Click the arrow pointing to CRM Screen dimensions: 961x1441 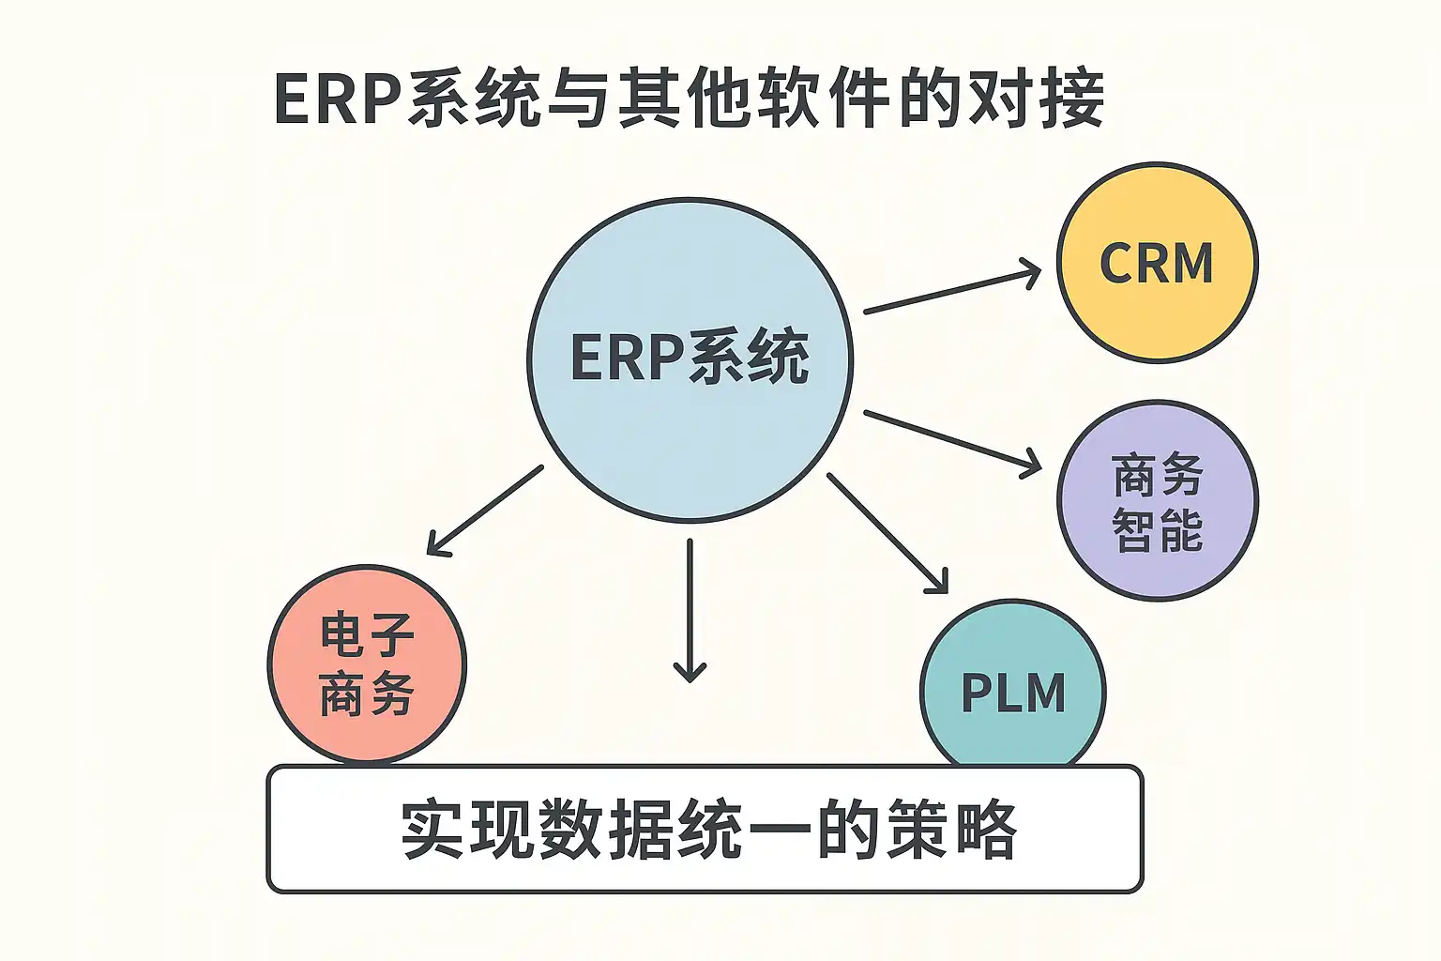tap(951, 291)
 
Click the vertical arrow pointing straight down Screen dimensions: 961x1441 tap(690, 610)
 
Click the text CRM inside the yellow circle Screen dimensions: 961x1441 tap(1157, 264)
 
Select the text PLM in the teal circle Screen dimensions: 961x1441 tap(1013, 694)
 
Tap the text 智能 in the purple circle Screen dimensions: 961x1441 tap(1157, 530)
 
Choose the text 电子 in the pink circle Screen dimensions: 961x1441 tap(367, 636)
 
